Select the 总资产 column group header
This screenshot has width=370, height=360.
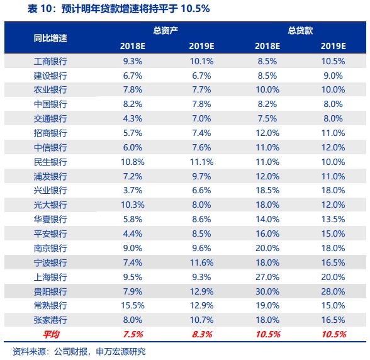click(x=166, y=30)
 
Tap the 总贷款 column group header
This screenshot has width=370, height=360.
click(x=301, y=30)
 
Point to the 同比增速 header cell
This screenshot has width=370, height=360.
click(x=50, y=38)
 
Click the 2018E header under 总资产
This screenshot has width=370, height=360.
click(x=133, y=46)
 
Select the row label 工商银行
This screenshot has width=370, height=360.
click(x=50, y=62)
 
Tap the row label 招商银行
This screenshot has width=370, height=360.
click(x=50, y=133)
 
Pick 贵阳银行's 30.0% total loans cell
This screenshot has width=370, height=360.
click(x=267, y=291)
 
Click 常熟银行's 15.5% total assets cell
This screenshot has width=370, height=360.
click(x=133, y=305)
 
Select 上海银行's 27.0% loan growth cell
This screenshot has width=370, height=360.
click(x=267, y=276)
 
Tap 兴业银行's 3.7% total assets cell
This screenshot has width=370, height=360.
click(x=133, y=191)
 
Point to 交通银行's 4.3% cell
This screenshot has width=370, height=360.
click(x=133, y=118)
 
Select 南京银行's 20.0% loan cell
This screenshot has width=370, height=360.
click(x=267, y=248)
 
